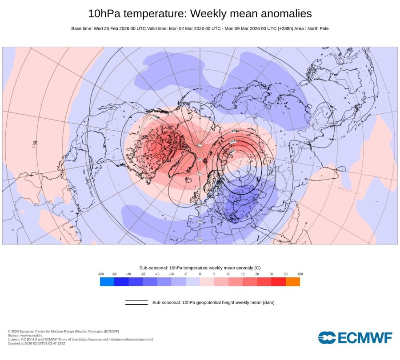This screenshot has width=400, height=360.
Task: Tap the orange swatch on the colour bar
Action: click(292, 281)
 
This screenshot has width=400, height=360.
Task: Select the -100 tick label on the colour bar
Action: click(100, 274)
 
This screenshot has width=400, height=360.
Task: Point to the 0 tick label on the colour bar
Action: click(200, 274)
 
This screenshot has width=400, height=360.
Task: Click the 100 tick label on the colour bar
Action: click(300, 274)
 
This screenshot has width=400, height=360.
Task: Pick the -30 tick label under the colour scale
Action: click(129, 274)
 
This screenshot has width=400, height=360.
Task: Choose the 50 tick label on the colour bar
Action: click(285, 274)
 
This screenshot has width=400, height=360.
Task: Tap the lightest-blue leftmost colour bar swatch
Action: click(107, 281)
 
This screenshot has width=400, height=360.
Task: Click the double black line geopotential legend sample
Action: click(136, 303)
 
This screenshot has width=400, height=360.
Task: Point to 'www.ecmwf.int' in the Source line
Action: click(28, 336)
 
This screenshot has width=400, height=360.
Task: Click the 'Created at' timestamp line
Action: click(36, 343)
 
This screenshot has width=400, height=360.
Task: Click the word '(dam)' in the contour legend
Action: click(268, 303)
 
